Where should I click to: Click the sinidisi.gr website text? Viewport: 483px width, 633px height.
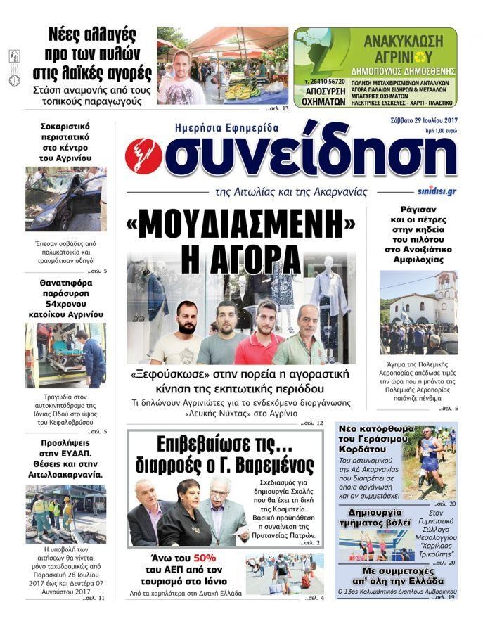436,191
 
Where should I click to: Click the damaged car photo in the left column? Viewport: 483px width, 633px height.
65,198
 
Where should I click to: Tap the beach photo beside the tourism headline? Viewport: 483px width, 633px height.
284,573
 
